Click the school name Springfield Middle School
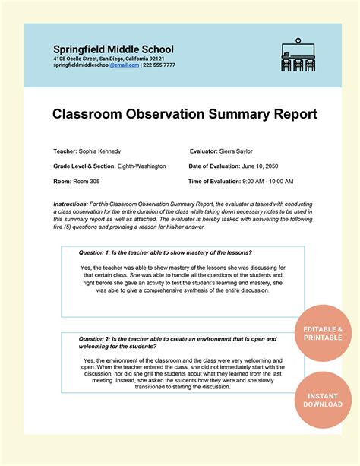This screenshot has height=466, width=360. [113, 49]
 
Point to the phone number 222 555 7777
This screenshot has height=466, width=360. [159, 65]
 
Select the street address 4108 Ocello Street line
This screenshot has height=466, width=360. [109, 59]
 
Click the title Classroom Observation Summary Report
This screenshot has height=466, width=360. [185, 114]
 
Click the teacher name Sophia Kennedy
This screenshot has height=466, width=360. [99, 151]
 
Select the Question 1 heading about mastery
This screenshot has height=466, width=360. [166, 252]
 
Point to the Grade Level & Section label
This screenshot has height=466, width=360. [82, 166]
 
